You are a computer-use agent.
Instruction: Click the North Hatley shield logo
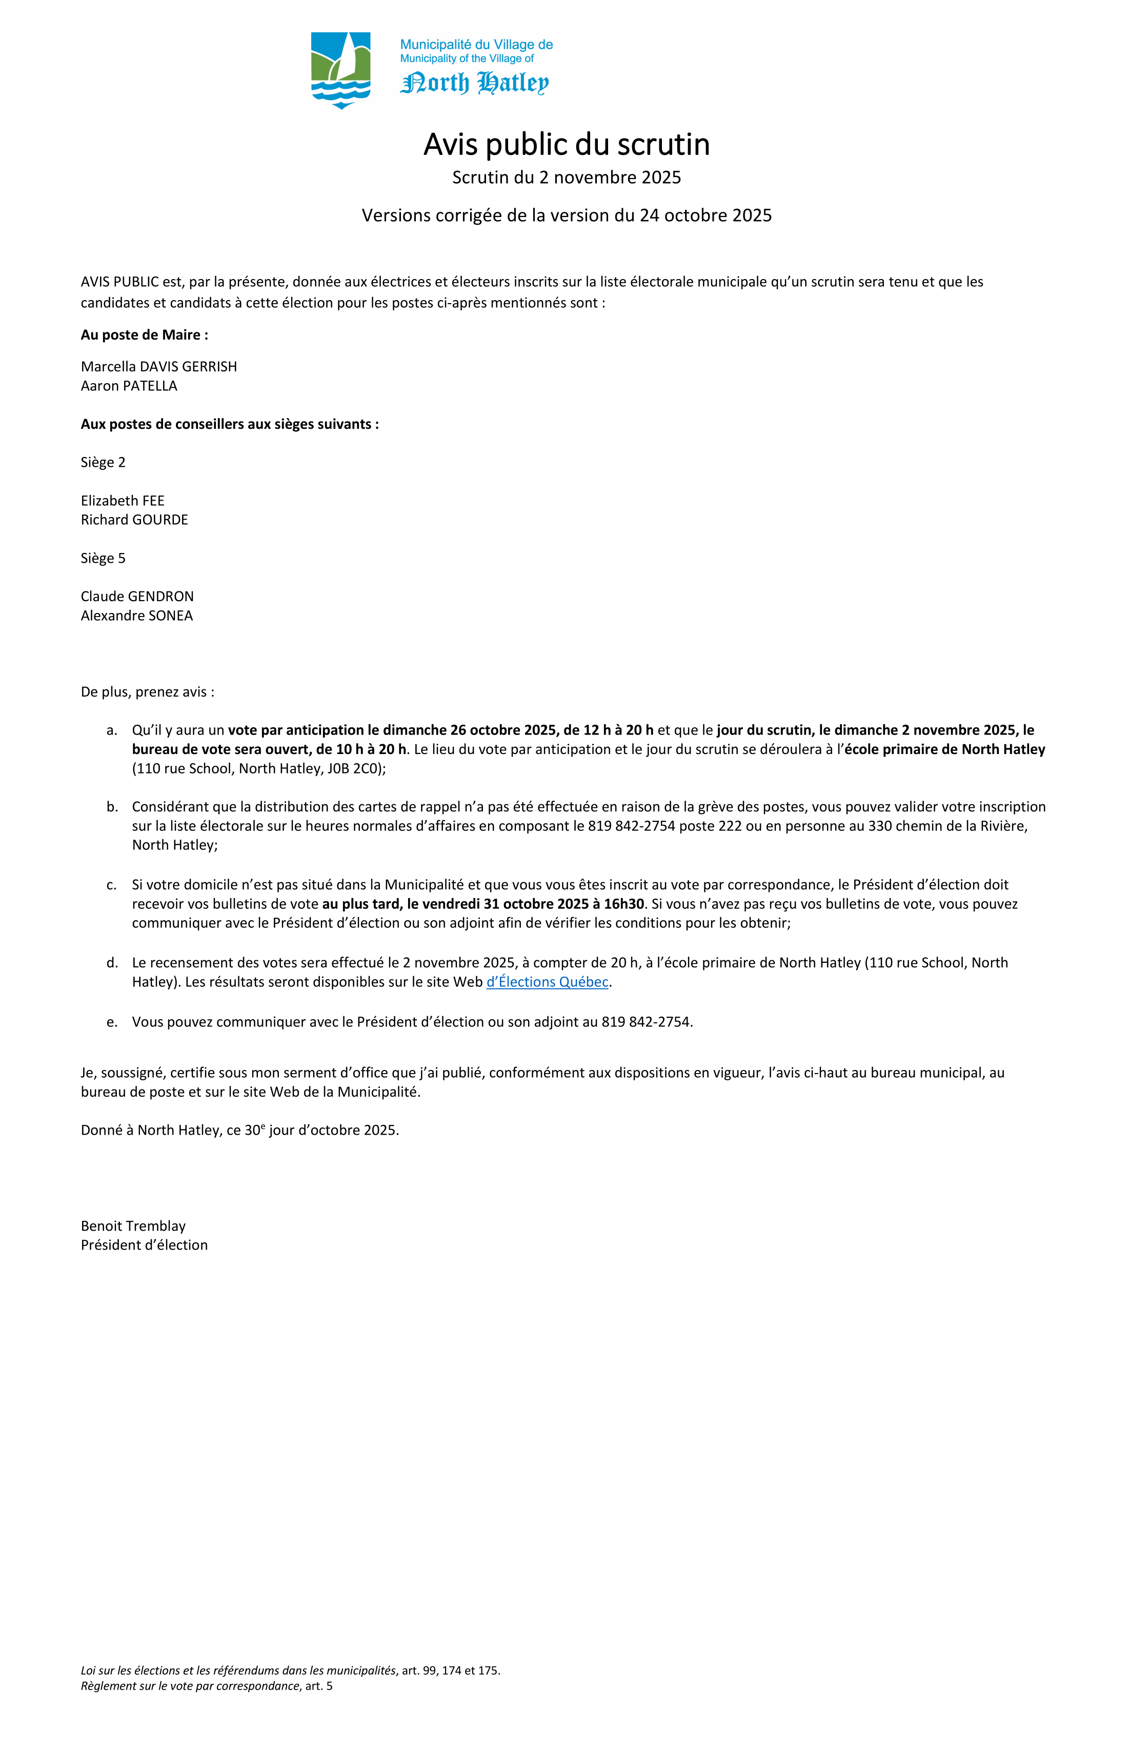click(x=340, y=70)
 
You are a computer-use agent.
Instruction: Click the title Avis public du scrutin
click(x=566, y=144)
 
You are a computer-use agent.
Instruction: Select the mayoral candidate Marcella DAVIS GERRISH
click(x=159, y=366)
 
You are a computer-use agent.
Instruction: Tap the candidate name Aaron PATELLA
click(x=129, y=385)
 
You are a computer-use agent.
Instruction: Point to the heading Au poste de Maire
click(x=144, y=335)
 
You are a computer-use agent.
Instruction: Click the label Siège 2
click(x=103, y=462)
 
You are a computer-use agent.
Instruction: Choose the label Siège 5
click(x=103, y=559)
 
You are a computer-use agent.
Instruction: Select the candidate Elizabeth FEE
click(x=123, y=501)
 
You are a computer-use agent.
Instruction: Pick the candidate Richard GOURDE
click(x=134, y=520)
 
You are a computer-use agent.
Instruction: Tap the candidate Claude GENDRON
click(x=137, y=597)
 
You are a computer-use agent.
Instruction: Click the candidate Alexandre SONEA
click(x=137, y=616)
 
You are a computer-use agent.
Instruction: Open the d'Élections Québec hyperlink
click(x=547, y=982)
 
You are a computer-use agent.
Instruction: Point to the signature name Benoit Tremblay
click(x=133, y=1226)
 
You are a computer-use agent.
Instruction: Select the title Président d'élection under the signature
click(x=144, y=1245)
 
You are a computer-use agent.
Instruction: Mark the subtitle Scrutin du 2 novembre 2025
click(x=566, y=177)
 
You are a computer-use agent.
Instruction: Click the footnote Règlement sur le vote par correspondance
click(x=190, y=1686)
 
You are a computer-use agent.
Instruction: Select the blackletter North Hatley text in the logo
click(x=475, y=83)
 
